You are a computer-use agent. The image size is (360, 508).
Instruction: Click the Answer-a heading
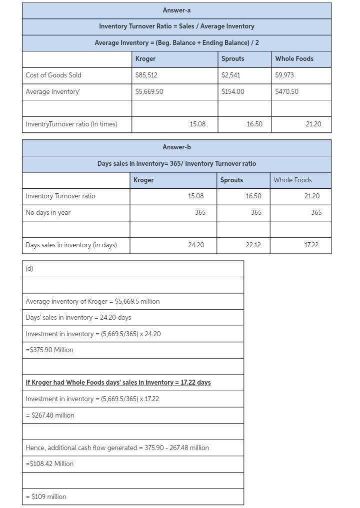(176, 10)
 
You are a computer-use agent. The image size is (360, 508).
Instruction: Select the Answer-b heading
(176, 147)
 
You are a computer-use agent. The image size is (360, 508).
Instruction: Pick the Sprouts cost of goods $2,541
(231, 75)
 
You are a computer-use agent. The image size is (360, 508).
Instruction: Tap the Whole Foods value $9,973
(285, 75)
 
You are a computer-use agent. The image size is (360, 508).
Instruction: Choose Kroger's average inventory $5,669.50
(149, 91)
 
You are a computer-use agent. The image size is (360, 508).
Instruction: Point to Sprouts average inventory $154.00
(233, 91)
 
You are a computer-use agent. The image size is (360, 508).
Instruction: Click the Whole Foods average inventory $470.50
(287, 91)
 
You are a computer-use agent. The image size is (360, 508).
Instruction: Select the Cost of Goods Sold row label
(53, 75)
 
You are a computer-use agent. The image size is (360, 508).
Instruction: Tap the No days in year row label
(48, 212)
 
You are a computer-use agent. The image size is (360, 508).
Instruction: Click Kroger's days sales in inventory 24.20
(196, 245)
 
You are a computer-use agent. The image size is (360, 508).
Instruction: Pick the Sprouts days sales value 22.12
(253, 245)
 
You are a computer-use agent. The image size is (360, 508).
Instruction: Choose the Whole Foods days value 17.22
(311, 245)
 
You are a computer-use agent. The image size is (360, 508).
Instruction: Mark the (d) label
(29, 268)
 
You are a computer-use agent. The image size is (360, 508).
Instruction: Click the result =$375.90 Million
(49, 350)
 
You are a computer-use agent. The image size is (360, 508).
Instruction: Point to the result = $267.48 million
(50, 415)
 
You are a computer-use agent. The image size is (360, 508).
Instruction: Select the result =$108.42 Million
(49, 464)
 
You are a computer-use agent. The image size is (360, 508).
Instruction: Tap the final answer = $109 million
(46, 497)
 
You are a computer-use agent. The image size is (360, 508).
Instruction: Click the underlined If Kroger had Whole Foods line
(118, 382)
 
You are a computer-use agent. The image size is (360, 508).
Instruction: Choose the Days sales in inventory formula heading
(176, 163)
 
